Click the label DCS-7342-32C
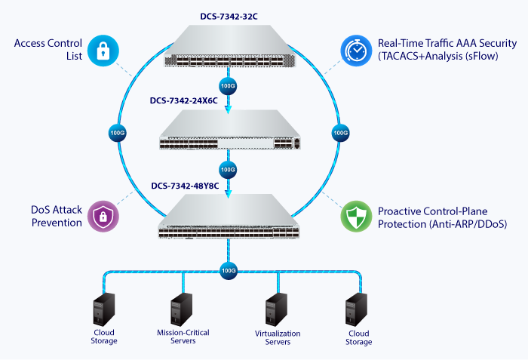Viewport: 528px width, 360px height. tap(227, 14)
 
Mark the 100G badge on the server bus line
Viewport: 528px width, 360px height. tap(227, 269)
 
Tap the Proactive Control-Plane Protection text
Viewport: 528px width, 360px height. tap(441, 217)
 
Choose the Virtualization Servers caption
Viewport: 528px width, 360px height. tap(278, 337)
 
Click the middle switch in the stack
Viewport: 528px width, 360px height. tap(227, 135)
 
